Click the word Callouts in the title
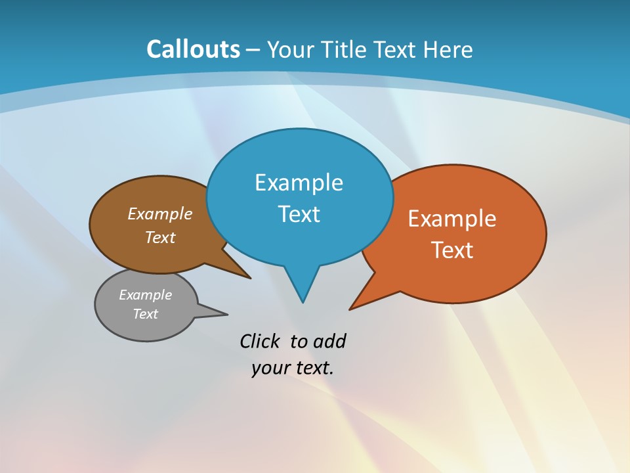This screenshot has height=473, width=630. (193, 49)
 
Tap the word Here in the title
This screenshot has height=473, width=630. (448, 49)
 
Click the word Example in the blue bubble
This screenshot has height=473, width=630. (299, 183)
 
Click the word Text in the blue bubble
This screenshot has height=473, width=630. (299, 214)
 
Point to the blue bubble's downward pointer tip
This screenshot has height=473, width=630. (303, 302)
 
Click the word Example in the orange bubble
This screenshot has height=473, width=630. (452, 219)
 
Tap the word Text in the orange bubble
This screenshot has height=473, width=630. (452, 250)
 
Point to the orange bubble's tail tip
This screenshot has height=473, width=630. (350, 309)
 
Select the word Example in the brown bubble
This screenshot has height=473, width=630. (160, 214)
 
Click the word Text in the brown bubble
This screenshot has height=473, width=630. (160, 237)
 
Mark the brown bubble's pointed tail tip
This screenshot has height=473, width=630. (250, 278)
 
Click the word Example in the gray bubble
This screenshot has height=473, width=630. (145, 295)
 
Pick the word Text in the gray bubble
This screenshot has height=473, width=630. (145, 314)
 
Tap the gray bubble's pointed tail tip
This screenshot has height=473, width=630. (227, 313)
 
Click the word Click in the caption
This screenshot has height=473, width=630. (261, 341)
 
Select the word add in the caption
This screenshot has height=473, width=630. (329, 341)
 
